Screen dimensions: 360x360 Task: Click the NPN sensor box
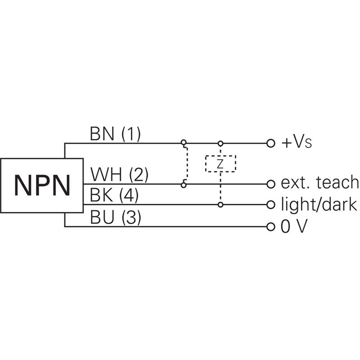point(42,185)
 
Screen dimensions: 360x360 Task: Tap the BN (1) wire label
point(115,134)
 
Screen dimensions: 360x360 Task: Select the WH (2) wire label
point(119,174)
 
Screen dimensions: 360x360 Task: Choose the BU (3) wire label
point(115,217)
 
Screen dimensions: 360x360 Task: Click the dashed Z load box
point(220,164)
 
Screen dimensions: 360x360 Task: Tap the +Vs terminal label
point(297,143)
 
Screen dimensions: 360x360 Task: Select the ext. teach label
point(319,183)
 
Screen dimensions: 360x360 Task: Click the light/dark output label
point(319,204)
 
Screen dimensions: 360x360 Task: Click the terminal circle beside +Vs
point(270,144)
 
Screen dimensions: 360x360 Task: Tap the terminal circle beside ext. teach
point(270,184)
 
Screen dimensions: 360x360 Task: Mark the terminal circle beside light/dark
point(270,205)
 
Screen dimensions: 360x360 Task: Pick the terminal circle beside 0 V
point(270,226)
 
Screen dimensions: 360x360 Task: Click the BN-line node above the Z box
point(220,144)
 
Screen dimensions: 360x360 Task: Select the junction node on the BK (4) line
point(220,205)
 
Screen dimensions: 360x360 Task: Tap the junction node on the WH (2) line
point(184,184)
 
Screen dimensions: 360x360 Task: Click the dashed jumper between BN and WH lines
point(186,164)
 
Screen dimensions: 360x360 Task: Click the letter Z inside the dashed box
point(220,164)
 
